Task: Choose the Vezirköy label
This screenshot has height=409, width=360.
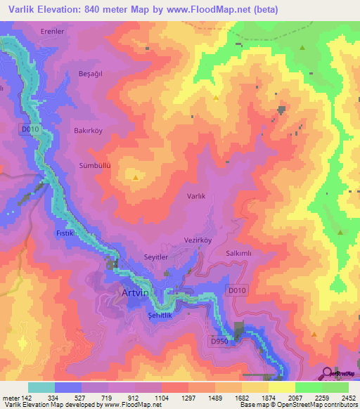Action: [198, 240]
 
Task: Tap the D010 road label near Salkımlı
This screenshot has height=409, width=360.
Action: [237, 290]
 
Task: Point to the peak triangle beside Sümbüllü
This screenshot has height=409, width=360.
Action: [135, 178]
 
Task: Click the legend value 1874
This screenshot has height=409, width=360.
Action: [268, 398]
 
